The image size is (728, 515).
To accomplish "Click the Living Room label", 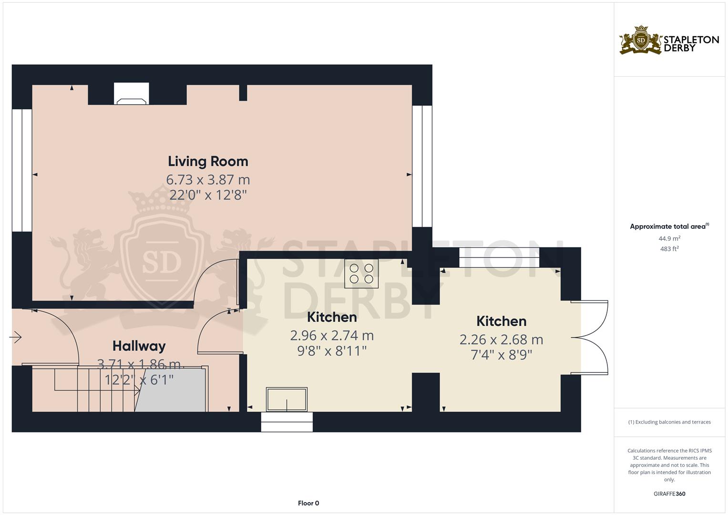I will click(x=208, y=161).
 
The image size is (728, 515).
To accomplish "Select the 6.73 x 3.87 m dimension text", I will click(x=208, y=180).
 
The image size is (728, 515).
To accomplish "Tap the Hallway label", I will click(x=139, y=346).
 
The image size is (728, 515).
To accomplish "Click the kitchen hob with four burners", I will click(x=361, y=274).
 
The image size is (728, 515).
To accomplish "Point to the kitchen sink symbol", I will click(x=287, y=399).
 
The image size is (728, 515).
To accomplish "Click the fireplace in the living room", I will click(x=131, y=94).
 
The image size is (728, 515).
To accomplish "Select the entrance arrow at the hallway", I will click(x=16, y=337).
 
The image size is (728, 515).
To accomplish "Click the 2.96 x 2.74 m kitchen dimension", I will click(x=332, y=336).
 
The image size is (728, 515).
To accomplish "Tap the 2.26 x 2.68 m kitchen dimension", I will click(x=501, y=340).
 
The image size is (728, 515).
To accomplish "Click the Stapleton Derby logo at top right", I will click(x=669, y=40).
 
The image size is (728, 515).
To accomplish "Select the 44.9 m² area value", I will click(x=669, y=238).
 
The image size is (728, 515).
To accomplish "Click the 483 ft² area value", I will click(x=669, y=249).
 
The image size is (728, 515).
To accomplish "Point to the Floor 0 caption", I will click(x=308, y=503).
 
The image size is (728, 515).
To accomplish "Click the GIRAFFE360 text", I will click(x=669, y=494).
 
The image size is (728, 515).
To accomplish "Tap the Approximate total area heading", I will click(x=668, y=227).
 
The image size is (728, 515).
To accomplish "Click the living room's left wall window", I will click(x=21, y=170).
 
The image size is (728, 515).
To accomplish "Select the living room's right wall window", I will click(x=422, y=166).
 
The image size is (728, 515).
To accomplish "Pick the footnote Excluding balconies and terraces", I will click(x=669, y=422).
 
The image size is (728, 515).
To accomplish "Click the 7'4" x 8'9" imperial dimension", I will click(x=501, y=355).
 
